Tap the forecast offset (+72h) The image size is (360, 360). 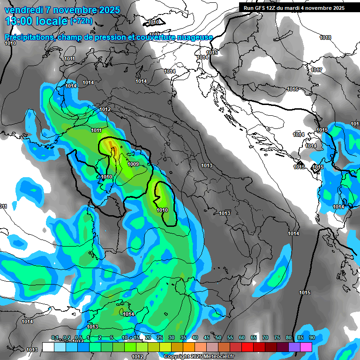coord(81,21)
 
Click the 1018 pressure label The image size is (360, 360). coord(325,37)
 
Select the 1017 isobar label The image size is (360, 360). coord(316,70)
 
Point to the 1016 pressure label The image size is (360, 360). coord(293,89)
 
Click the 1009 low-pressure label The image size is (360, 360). coord(133,164)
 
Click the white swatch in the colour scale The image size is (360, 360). coord(48,347)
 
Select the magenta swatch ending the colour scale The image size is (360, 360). coord(306,347)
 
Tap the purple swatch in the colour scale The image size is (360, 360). coord(294,347)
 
